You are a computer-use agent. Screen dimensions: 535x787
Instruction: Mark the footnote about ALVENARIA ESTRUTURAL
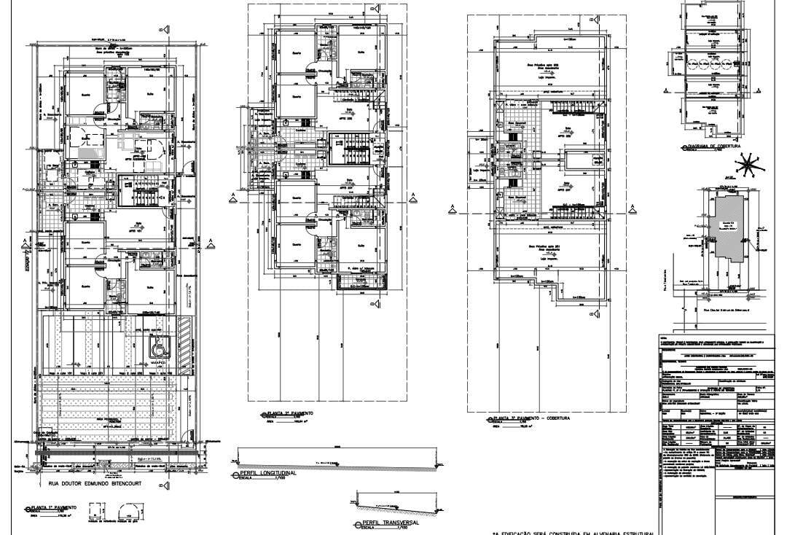[x=572, y=532]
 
